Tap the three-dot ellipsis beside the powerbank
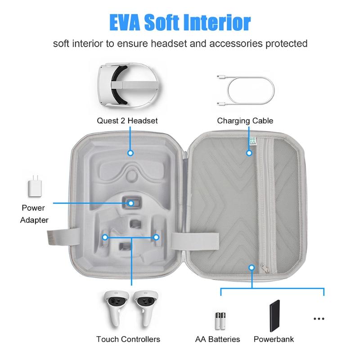coord(319,319)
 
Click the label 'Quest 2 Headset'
coord(127,121)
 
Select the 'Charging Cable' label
coord(245,121)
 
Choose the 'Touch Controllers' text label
coord(128,339)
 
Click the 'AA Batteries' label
coord(218,339)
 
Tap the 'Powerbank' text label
coord(274,339)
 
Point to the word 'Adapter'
coord(35,220)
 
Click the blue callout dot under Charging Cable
coord(249,153)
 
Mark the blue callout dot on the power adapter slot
coord(131,203)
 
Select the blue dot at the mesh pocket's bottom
coord(252,268)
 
